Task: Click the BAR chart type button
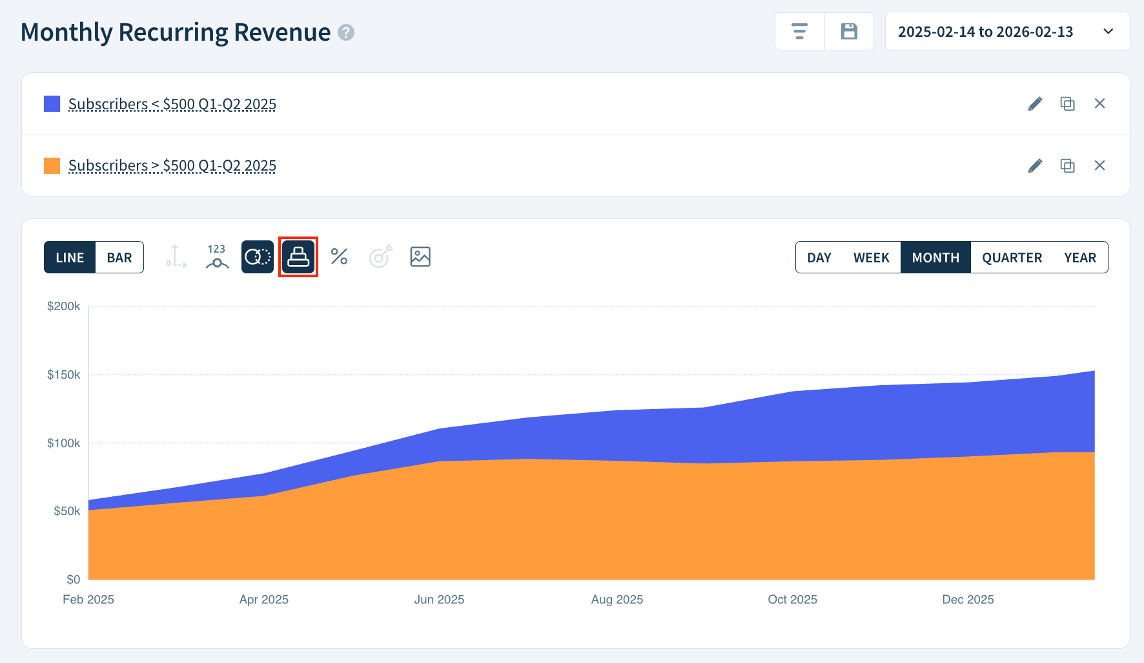click(x=119, y=258)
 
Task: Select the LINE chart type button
click(x=70, y=258)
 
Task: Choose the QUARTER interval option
click(x=1012, y=258)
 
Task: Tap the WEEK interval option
click(x=871, y=258)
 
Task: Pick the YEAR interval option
click(x=1079, y=258)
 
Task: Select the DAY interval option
click(x=819, y=258)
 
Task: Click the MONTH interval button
click(x=935, y=258)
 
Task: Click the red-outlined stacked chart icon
click(x=298, y=257)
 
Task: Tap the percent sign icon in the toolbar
click(x=339, y=257)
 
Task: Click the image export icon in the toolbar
click(x=420, y=257)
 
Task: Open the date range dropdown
click(x=1006, y=32)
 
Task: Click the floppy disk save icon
click(x=849, y=32)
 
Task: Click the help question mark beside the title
click(x=347, y=32)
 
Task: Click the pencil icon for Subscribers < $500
click(x=1035, y=104)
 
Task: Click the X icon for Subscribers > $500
click(x=1099, y=165)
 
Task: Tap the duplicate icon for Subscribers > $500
click(x=1067, y=165)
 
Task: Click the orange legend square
click(x=52, y=165)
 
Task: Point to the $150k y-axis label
click(x=63, y=375)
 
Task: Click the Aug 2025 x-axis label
click(x=617, y=600)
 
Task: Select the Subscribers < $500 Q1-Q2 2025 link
click(x=172, y=104)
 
